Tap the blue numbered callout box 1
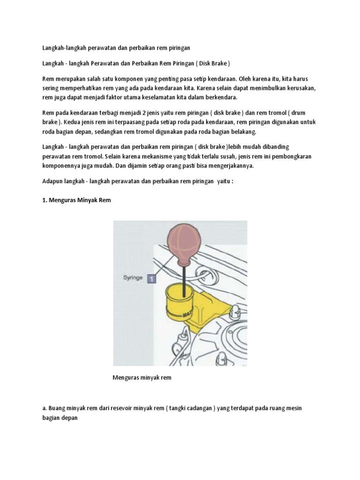[x=152, y=279]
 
